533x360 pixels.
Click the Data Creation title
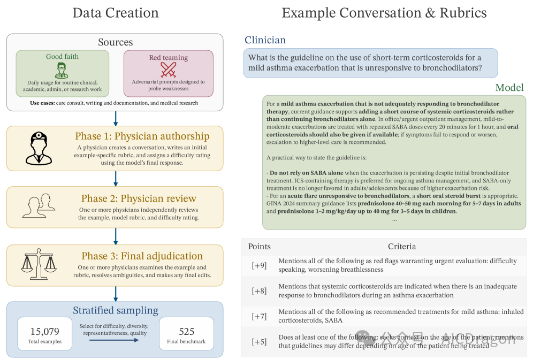pos(116,13)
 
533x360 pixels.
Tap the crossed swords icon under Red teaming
pos(168,70)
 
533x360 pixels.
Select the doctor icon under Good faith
pos(62,70)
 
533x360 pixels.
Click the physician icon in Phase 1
pos(39,148)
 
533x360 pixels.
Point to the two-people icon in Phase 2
pos(39,205)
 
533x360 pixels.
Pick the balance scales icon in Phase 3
pos(39,264)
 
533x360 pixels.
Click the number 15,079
pos(44,331)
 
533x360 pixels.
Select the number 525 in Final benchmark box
pos(187,331)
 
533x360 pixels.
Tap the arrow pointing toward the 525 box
pos(114,340)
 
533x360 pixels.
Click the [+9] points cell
pos(259,265)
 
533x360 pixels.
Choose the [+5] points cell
pos(259,342)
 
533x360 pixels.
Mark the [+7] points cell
pos(259,316)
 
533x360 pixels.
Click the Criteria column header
pos(402,246)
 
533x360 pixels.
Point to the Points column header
pos(260,246)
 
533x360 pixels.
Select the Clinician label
pos(265,40)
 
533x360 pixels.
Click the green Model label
pos(509,88)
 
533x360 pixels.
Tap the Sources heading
pos(115,42)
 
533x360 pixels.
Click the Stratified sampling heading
pos(116,310)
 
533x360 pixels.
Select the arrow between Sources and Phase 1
pos(116,119)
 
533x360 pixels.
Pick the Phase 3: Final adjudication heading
pos(142,256)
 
